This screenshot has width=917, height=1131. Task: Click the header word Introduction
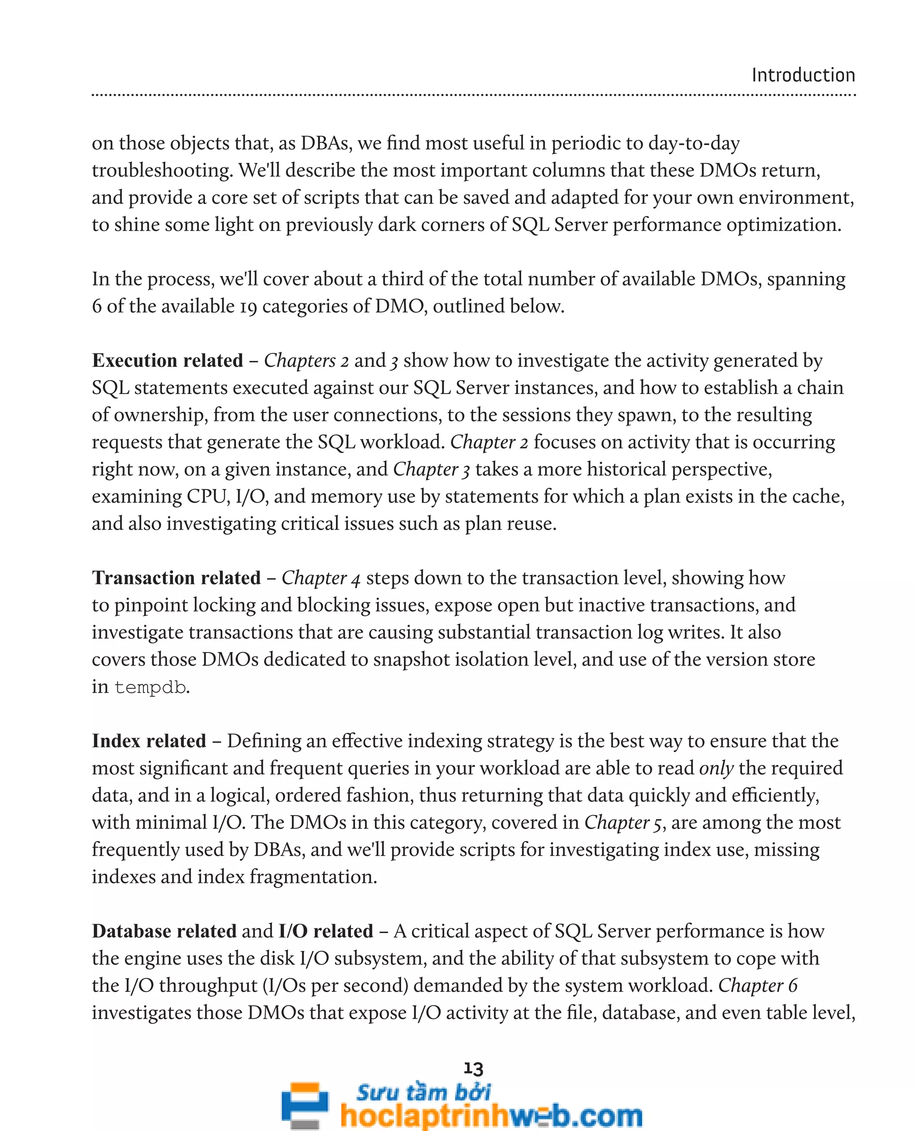click(x=803, y=76)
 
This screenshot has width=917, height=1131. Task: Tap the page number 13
click(x=473, y=1068)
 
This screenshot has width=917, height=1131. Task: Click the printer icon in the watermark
click(x=305, y=1104)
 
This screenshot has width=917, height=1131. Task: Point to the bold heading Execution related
click(x=167, y=361)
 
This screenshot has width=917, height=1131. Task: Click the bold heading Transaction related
click(x=176, y=578)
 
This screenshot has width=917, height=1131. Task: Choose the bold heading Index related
click(x=149, y=741)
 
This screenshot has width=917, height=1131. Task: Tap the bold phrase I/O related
click(x=326, y=931)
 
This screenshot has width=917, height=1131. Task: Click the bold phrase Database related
click(x=164, y=931)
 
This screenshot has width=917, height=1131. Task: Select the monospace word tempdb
click(x=150, y=687)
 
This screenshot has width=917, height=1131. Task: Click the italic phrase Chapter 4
click(x=321, y=578)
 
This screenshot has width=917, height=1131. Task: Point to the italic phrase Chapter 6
click(x=758, y=986)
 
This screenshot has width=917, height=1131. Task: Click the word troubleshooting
click(x=162, y=171)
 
